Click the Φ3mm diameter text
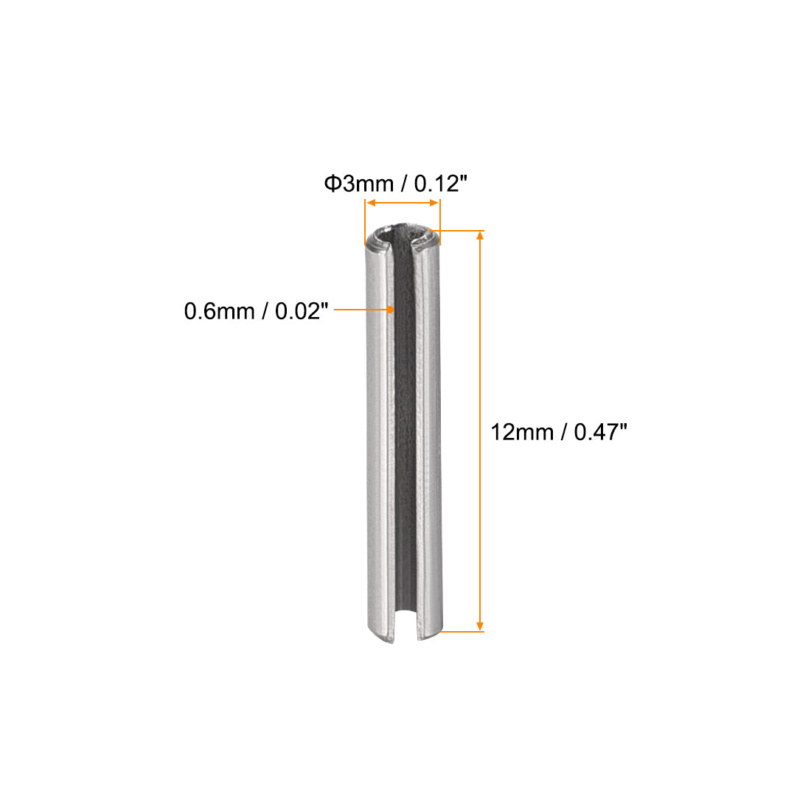pos(358,184)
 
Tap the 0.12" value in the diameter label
pos(440,184)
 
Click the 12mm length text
pos(522,431)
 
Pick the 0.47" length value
pos(600,431)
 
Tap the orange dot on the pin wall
pos(390,310)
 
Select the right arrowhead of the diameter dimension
pos(435,203)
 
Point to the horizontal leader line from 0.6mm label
pos(361,310)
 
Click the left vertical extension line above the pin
pos(365,221)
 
